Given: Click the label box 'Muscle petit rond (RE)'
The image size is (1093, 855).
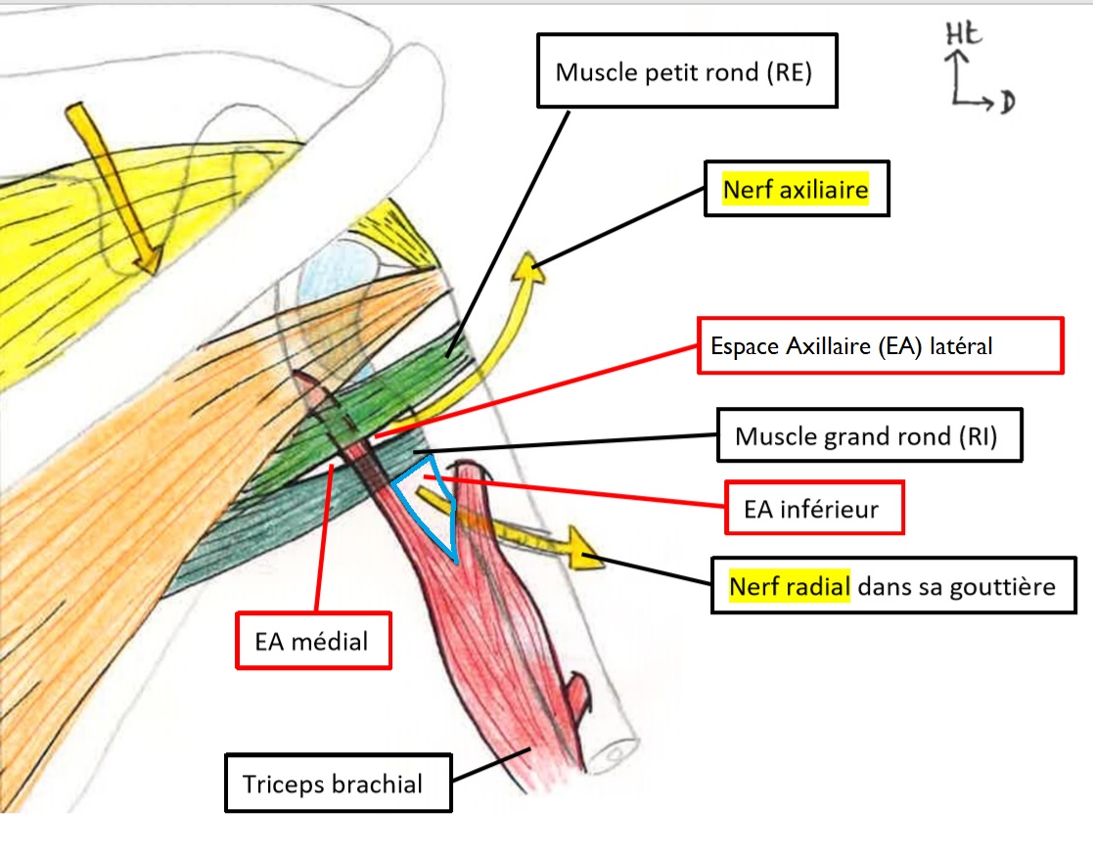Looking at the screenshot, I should [685, 71].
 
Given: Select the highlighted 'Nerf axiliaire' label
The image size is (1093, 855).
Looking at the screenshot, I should [795, 190].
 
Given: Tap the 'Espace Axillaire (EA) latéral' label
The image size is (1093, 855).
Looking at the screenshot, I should [880, 345].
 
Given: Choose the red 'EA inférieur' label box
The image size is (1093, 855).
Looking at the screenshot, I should [813, 508].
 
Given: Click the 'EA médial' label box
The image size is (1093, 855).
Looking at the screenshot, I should [312, 642].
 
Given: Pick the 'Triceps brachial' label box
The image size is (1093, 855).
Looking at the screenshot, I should [338, 783].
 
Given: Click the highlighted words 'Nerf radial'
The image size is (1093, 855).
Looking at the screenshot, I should [789, 586].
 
